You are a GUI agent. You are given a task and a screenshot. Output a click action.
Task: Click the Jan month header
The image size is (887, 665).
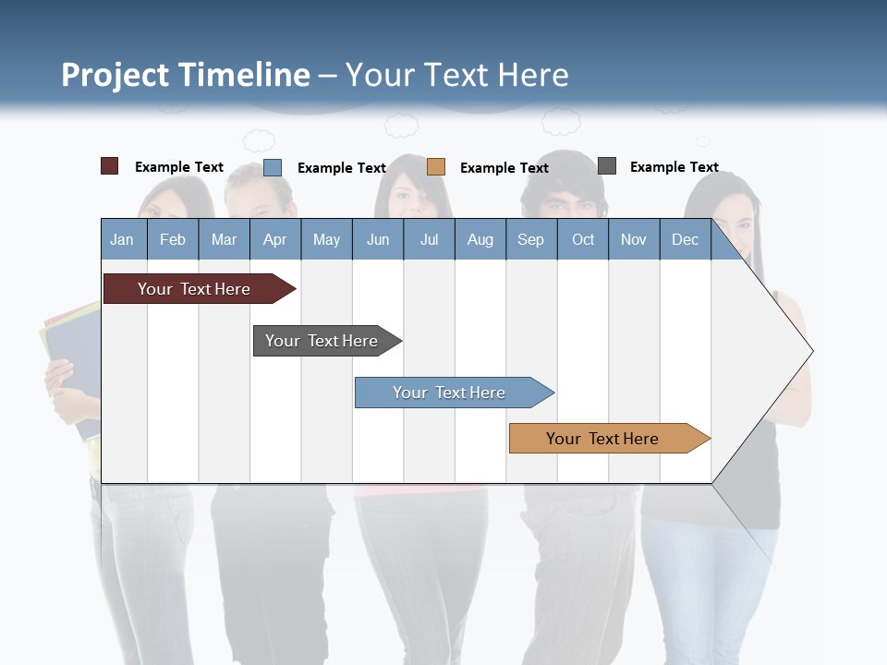(122, 239)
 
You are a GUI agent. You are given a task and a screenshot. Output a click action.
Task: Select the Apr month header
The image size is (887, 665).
(274, 239)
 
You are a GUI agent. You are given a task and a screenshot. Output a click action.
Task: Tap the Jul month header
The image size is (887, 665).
(429, 239)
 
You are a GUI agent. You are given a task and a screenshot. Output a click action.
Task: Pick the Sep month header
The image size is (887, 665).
(530, 239)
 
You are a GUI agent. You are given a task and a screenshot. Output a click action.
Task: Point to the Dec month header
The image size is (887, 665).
(685, 239)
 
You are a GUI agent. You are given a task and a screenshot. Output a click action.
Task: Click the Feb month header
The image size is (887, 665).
(173, 239)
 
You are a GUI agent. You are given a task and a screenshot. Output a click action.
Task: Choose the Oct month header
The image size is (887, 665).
(583, 239)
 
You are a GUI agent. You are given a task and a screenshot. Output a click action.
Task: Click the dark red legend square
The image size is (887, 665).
(109, 166)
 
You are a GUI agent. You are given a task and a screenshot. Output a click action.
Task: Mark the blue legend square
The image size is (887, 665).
(273, 167)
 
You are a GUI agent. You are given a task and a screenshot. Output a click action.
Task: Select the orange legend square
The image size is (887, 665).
(436, 167)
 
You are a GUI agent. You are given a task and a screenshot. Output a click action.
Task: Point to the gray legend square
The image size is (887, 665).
(607, 166)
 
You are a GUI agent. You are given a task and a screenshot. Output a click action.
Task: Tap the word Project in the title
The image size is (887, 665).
(115, 75)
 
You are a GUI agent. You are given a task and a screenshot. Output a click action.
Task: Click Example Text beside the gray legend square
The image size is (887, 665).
(674, 167)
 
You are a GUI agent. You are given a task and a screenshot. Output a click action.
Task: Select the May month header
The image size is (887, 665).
(326, 239)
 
